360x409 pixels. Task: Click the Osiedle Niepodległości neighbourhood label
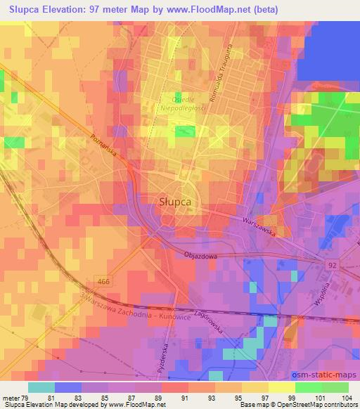click(x=179, y=104)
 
